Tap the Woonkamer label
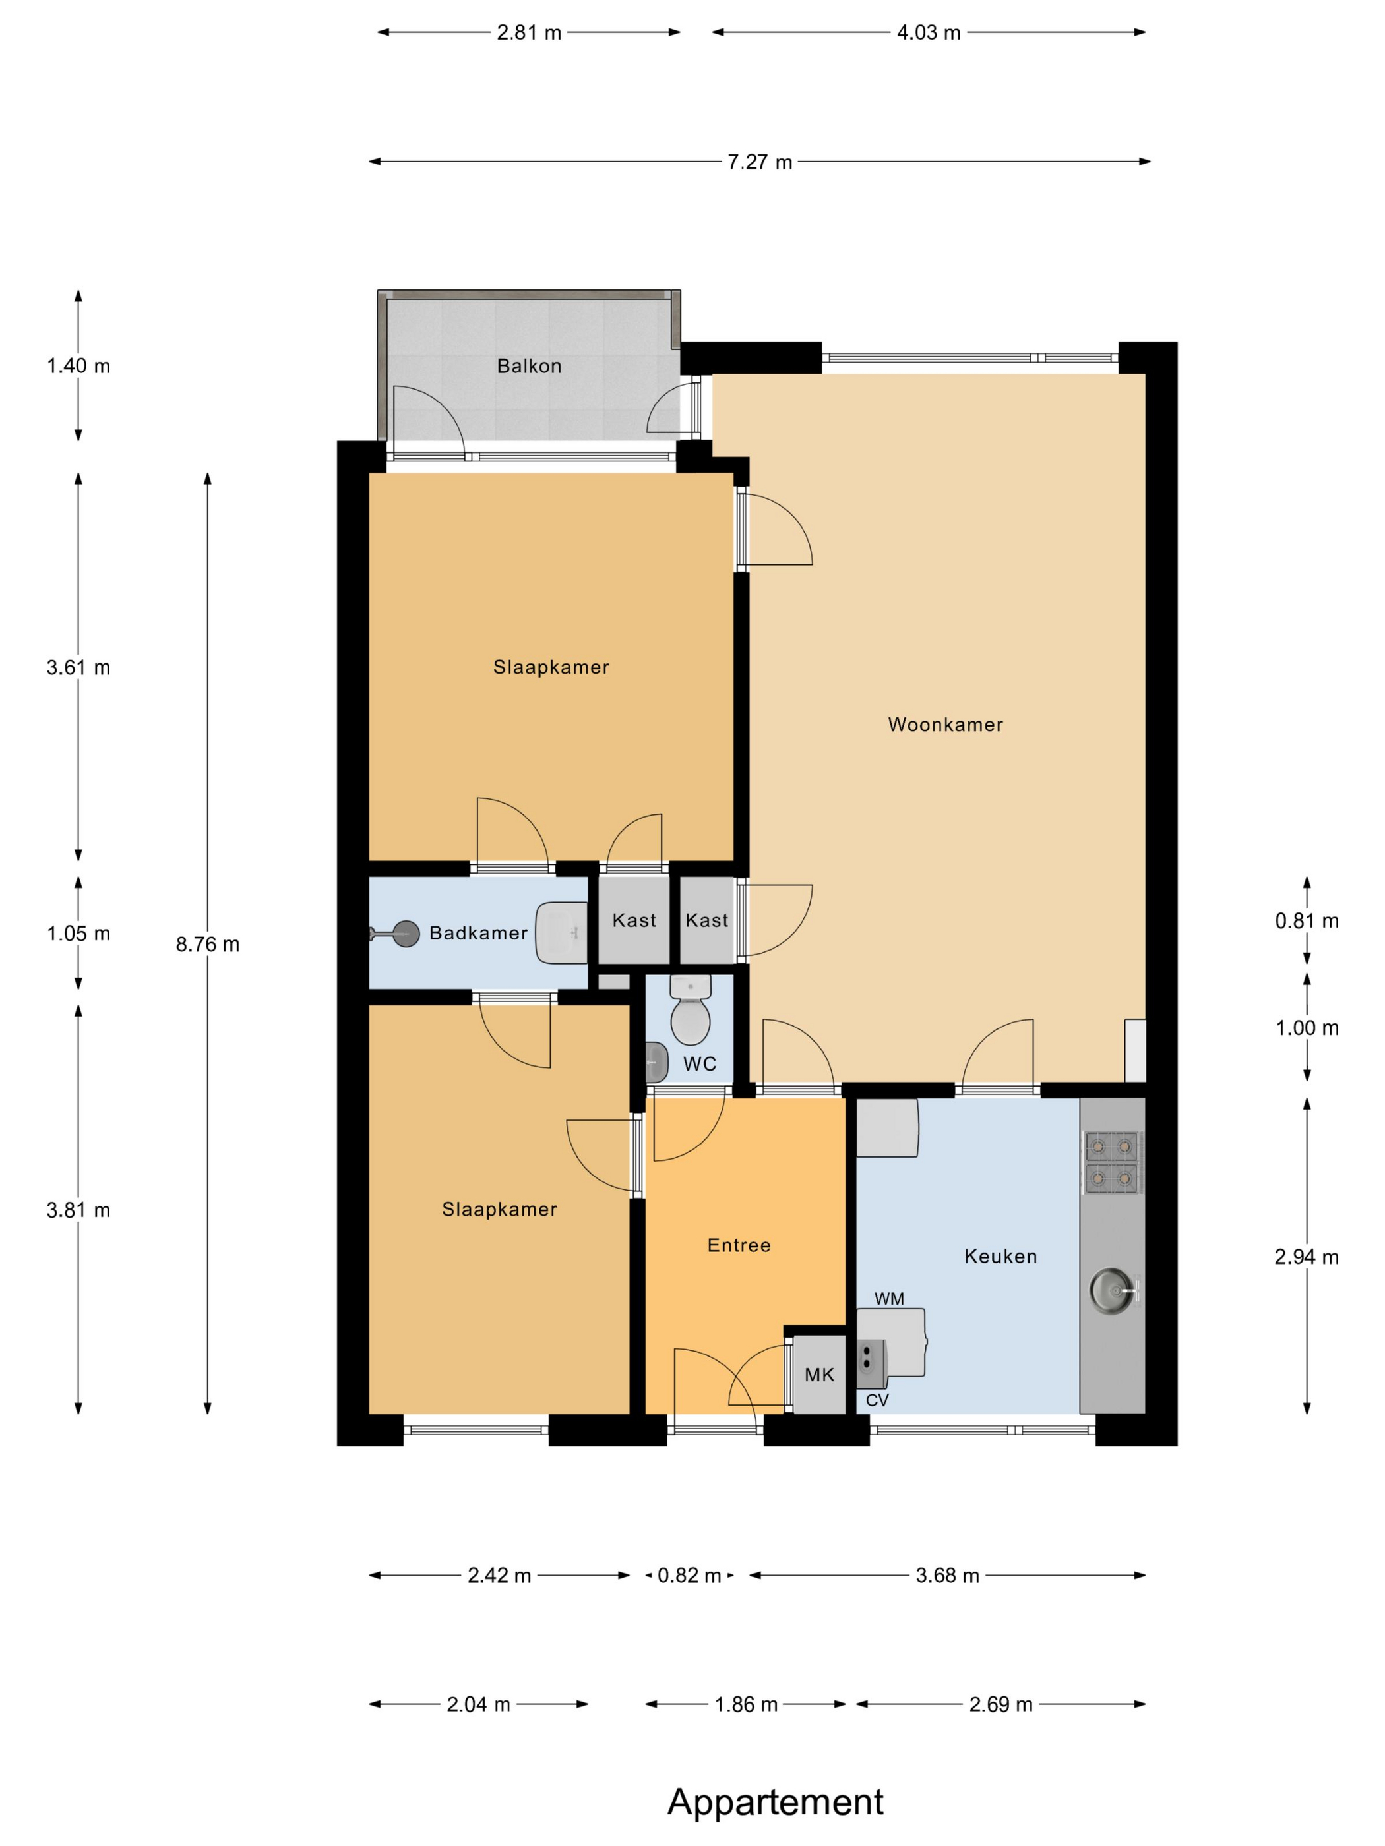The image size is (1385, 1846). (945, 725)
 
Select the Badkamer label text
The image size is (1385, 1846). (478, 933)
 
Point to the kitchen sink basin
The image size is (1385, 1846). (1112, 1290)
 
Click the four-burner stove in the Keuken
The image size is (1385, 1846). (1112, 1162)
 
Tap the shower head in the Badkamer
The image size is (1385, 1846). (406, 934)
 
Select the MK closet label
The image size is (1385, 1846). (819, 1375)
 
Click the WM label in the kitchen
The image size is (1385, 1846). (889, 1299)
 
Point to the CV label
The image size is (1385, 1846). (877, 1400)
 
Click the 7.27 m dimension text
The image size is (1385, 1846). (760, 162)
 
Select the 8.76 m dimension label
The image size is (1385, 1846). (208, 944)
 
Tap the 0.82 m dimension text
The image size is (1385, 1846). (690, 1576)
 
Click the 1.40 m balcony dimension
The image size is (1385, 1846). (78, 365)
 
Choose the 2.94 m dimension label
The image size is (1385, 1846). (1307, 1257)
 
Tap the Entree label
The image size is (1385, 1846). (739, 1245)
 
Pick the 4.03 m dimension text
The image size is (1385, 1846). (929, 32)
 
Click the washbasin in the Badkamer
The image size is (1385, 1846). (561, 932)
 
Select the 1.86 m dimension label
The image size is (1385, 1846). (747, 1704)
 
